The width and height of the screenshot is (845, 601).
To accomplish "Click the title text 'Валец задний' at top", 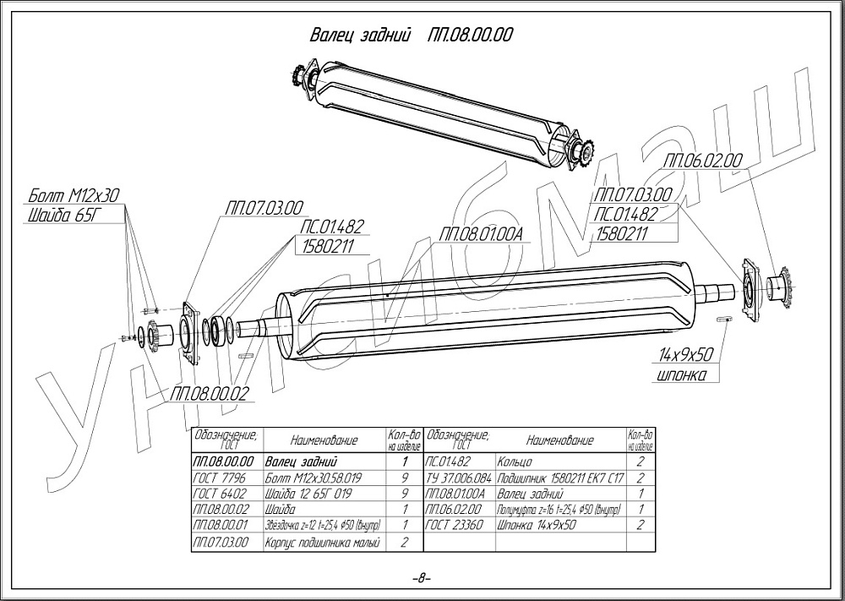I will click(360, 36).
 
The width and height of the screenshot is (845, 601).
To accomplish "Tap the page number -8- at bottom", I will click(421, 579).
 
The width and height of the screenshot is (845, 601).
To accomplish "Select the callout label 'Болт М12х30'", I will click(74, 195).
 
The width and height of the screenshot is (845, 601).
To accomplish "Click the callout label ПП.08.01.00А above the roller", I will click(482, 233).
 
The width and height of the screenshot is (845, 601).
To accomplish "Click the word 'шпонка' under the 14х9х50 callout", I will click(681, 374).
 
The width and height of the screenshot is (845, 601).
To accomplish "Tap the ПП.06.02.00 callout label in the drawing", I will click(703, 159).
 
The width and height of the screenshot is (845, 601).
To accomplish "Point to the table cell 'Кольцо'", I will click(515, 462).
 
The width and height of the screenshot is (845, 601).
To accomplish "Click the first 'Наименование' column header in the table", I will click(324, 440).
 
